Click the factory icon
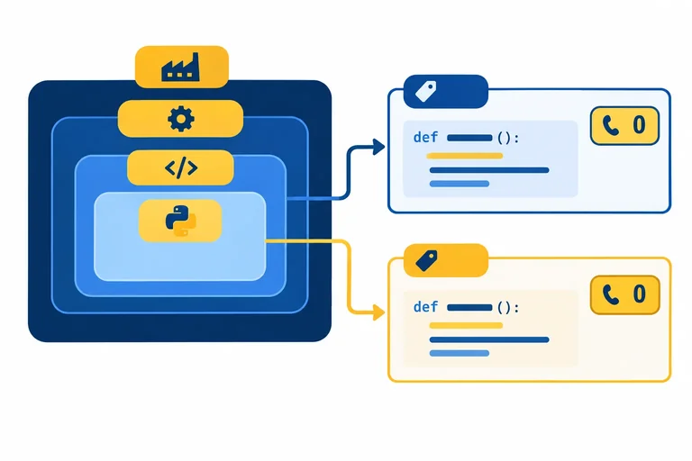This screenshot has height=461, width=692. tap(180, 68)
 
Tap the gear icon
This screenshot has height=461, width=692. tap(181, 119)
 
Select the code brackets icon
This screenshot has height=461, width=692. tap(181, 168)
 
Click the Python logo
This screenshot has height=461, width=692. tap(181, 221)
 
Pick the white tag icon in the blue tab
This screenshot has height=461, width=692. tap(426, 91)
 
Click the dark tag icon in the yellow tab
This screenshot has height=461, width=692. tap(426, 261)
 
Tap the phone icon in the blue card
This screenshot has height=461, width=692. tap(611, 125)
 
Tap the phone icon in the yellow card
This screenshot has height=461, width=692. tap(611, 294)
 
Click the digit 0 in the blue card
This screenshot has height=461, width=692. tap(639, 125)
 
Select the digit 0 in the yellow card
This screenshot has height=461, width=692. tap(639, 294)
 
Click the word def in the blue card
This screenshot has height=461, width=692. tap(425, 137)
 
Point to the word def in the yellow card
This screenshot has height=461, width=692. tap(425, 307)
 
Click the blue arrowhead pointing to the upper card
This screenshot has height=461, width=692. tap(378, 147)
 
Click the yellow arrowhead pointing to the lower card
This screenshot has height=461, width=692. tap(378, 312)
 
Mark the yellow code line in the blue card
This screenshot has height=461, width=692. tap(465, 156)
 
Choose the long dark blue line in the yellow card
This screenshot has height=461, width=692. tap(489, 339)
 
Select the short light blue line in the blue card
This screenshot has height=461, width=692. tap(460, 184)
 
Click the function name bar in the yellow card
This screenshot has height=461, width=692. tap(469, 307)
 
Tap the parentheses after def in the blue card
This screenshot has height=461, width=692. tap(504, 138)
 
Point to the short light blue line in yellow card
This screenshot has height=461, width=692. tap(460, 353)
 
